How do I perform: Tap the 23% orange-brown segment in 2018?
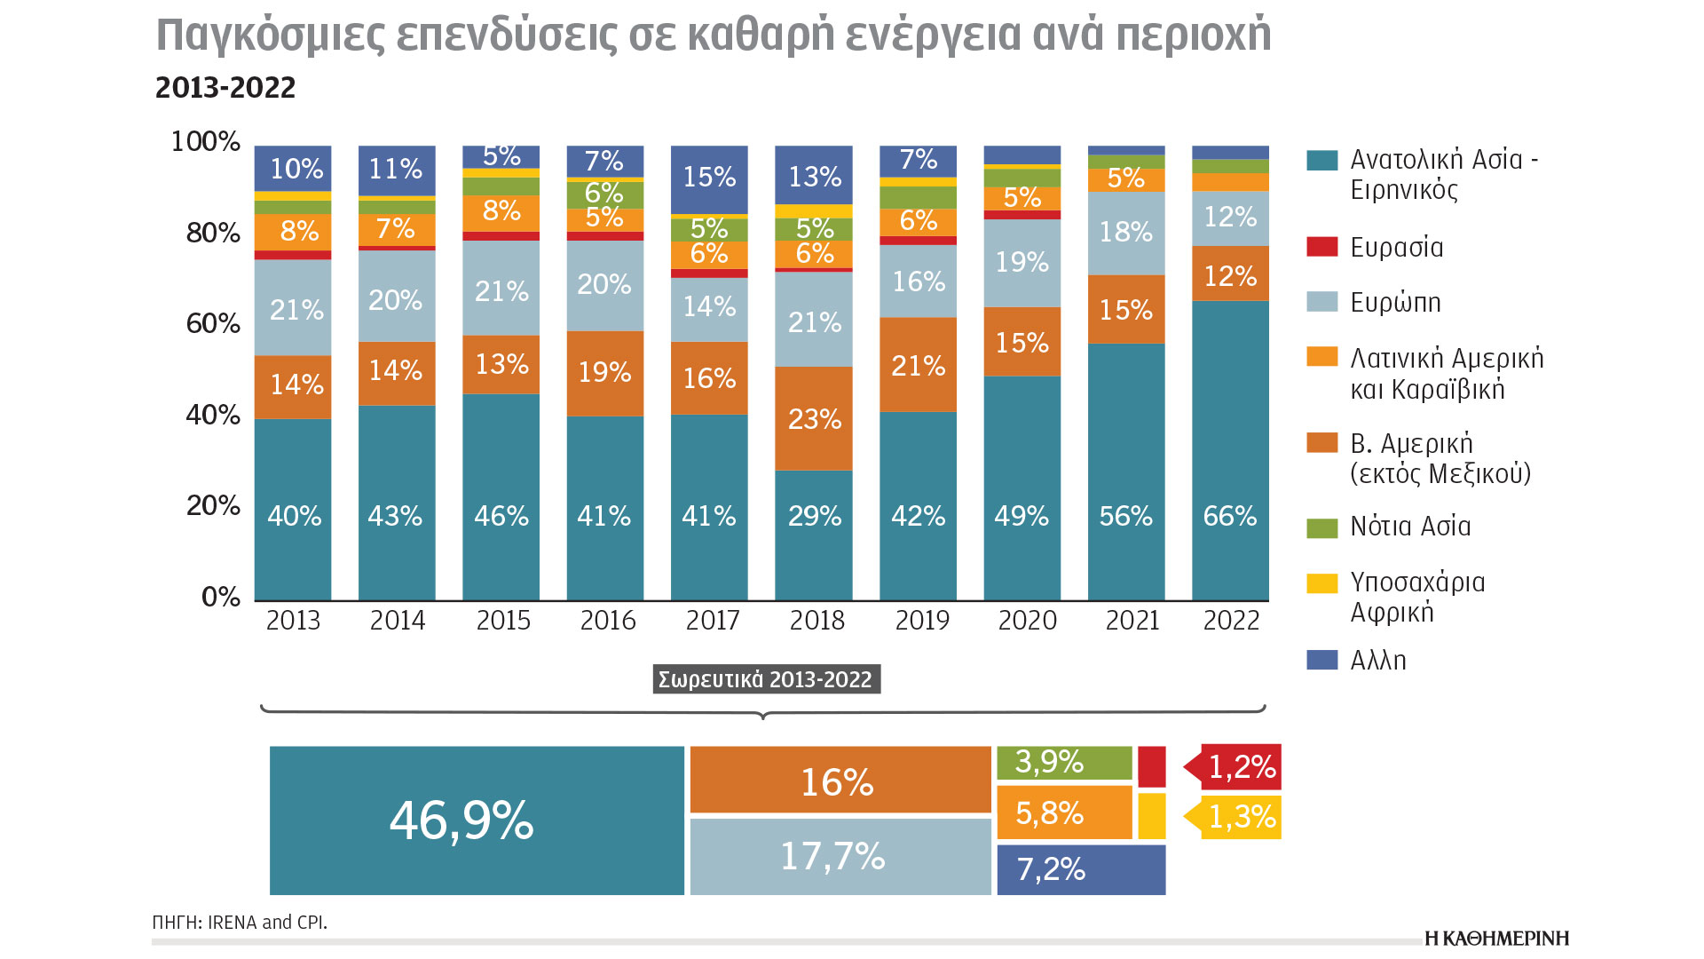pos(814,418)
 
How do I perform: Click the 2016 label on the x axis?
pos(608,620)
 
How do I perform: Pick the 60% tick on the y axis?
pos(213,323)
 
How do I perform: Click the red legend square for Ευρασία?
pos(1321,247)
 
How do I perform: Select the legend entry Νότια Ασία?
pos(1409,527)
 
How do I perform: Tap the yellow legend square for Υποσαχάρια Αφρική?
pos(1321,583)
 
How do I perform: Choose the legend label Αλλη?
pos(1377,661)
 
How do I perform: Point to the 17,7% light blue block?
pos(840,856)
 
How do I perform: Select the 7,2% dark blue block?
pos(1080,869)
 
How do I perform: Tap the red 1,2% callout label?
pos(1241,766)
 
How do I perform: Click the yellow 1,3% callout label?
pos(1241,817)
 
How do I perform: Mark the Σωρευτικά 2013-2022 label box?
pos(766,679)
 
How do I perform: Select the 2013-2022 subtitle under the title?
pos(225,88)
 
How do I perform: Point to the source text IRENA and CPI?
pos(267,923)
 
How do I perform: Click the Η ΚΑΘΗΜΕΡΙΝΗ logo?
pos(1496,939)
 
